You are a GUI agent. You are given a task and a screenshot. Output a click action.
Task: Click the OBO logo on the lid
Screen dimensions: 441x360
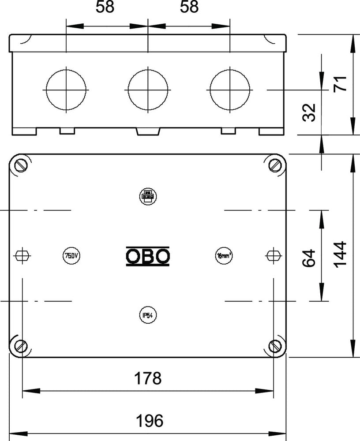coord(148,256)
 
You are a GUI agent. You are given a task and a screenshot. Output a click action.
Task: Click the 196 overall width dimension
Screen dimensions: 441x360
coord(148,420)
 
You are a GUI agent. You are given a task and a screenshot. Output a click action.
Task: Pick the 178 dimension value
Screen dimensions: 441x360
coord(148,378)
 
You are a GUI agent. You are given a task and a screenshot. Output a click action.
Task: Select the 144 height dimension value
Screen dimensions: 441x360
coord(341,254)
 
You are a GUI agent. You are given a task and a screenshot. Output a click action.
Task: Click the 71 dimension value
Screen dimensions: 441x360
coord(341,83)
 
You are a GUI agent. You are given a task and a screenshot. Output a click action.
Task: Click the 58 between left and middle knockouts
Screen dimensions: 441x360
coord(107,7)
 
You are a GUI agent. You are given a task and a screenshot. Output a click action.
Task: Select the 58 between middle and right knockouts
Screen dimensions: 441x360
coord(189,7)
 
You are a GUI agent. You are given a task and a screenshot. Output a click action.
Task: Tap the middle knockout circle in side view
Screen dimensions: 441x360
coord(148,90)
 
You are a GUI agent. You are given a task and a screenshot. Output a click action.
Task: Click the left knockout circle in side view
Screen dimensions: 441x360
coord(66,90)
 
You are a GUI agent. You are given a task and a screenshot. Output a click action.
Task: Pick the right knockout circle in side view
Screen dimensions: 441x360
coord(230,90)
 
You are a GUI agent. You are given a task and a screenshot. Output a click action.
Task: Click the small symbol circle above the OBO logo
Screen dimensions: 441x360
coord(148,196)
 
